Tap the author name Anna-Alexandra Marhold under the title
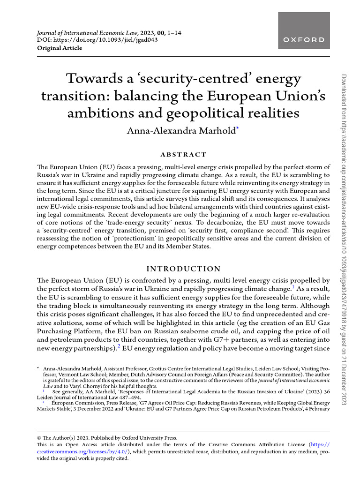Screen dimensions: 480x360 (181, 130)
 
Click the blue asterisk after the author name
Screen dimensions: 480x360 (238, 128)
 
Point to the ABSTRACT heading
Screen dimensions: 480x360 (183, 155)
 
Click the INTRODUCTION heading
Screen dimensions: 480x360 (183, 269)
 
